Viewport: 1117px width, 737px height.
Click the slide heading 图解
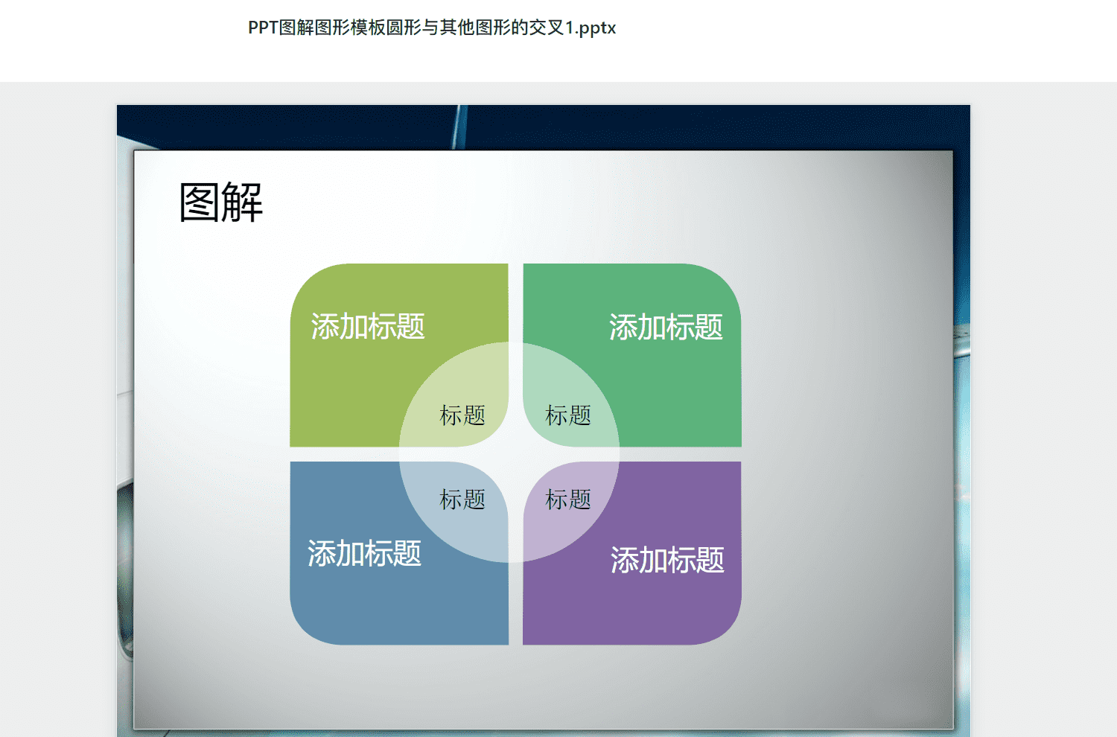click(221, 202)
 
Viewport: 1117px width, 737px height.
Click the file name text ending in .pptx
click(432, 28)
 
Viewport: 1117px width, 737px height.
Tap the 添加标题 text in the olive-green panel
click(368, 327)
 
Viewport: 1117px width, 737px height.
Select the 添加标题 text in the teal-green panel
click(666, 327)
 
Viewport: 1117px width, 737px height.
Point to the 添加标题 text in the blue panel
click(365, 553)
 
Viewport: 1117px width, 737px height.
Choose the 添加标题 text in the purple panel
click(667, 560)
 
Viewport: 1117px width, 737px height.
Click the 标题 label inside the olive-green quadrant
click(462, 415)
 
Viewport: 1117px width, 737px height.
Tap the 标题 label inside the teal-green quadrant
click(568, 415)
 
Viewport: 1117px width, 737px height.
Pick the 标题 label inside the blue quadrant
click(462, 499)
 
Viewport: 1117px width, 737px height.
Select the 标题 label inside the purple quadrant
click(568, 499)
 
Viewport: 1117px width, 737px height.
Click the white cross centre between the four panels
click(515, 454)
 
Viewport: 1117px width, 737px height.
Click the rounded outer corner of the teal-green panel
click(726, 278)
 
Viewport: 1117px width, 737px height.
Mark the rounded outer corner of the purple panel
click(726, 631)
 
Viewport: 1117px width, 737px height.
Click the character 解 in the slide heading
click(242, 202)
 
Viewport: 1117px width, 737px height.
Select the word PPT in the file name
click(263, 28)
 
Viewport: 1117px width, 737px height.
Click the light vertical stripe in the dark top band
click(459, 127)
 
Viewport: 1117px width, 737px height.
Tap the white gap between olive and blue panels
click(399, 454)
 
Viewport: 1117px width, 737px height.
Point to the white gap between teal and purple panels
click(632, 454)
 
